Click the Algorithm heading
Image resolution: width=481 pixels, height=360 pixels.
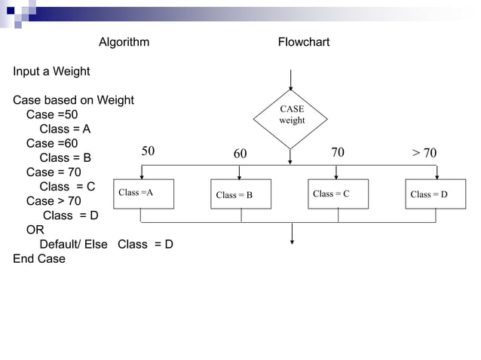124,42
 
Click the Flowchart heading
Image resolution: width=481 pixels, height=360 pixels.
303,42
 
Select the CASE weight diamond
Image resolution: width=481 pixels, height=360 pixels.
291,115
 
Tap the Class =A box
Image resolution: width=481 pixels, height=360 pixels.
143,194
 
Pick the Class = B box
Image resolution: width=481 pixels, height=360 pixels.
240,194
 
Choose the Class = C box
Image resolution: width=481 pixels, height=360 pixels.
338,194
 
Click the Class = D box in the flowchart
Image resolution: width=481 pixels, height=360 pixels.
435,194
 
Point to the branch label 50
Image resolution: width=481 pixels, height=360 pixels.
149,151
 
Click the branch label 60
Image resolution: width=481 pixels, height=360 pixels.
240,154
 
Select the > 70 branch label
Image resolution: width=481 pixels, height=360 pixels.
424,154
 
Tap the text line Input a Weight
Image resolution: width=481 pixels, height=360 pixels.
51,72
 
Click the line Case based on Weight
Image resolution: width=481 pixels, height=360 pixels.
73,100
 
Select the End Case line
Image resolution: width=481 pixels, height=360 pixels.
39,258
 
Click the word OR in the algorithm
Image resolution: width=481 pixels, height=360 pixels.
35,230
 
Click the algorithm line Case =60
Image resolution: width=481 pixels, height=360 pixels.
51,143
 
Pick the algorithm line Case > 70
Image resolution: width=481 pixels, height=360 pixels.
54,201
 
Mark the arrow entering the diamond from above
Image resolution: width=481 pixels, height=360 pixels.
290,79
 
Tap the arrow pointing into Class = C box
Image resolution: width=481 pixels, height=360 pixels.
335,172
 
